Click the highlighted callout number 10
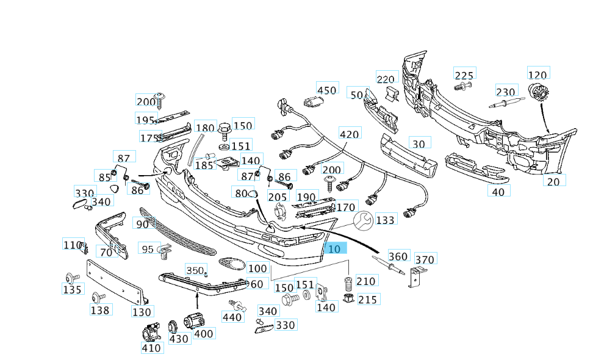[335, 248]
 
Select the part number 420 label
[350, 134]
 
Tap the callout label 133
[385, 220]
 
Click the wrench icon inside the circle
[364, 221]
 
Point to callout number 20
[553, 181]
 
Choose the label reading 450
[327, 90]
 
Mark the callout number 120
[537, 74]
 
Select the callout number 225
[464, 75]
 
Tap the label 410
[151, 348]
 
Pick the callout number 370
[425, 259]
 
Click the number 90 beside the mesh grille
[142, 224]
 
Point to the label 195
[146, 120]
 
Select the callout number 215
[368, 299]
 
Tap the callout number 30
[418, 144]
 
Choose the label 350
[195, 270]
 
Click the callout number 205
[278, 196]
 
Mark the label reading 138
[100, 310]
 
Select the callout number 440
[232, 317]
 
